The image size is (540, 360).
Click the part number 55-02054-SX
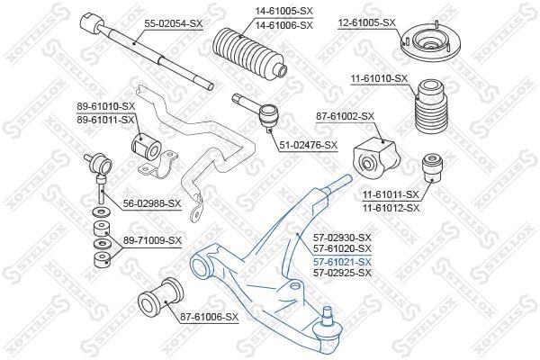173,23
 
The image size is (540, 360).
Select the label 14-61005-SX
283,11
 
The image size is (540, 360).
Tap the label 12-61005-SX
367,23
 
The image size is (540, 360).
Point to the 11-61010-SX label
379,79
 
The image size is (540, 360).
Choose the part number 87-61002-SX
345,116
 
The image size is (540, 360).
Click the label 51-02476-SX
309,145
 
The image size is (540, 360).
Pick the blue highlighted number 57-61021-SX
342,262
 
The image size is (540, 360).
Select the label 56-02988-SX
152,203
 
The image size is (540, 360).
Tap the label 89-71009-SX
152,240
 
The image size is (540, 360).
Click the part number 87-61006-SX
209,317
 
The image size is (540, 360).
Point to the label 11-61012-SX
391,208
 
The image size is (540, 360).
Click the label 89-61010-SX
105,106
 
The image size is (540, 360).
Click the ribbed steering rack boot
249,54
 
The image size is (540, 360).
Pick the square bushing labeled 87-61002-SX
376,157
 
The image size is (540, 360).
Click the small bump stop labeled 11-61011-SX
432,168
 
